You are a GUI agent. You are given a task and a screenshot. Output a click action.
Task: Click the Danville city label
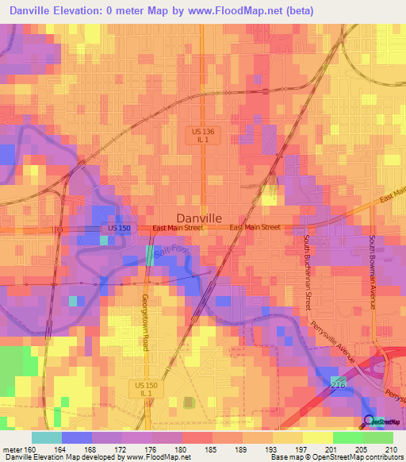pos(198,217)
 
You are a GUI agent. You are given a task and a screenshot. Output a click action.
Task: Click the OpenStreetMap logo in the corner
pos(381,422)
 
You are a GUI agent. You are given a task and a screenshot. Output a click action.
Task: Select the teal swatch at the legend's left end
pos(46,437)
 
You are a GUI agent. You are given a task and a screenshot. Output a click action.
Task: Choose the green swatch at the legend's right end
pos(377,437)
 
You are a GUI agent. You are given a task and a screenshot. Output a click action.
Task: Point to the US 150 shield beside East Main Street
pos(113,228)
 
